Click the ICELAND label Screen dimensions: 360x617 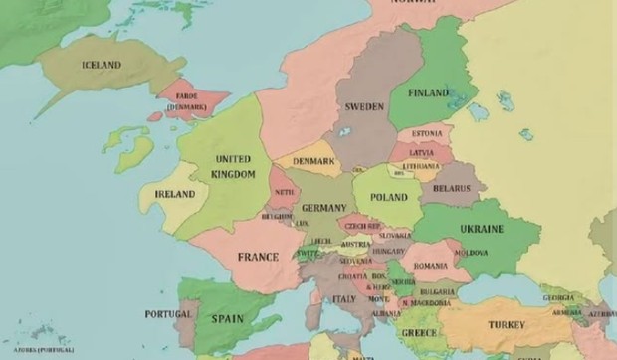click(x=101, y=66)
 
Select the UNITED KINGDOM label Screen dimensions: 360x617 click(x=232, y=166)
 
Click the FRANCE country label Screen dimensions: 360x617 click(x=258, y=257)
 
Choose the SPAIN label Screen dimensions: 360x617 click(x=226, y=319)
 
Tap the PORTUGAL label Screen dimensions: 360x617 click(x=168, y=314)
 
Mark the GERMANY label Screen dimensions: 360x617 click(x=323, y=208)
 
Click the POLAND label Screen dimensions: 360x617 click(x=389, y=198)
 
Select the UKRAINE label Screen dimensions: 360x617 click(x=482, y=229)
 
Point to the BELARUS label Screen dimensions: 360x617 click(x=451, y=187)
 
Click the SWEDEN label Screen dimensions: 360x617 click(x=364, y=106)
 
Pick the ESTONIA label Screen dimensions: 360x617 click(x=426, y=133)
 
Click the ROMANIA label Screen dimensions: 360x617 click(x=430, y=266)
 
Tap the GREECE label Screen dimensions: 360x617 click(x=419, y=332)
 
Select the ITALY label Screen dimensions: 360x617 click(x=344, y=298)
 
